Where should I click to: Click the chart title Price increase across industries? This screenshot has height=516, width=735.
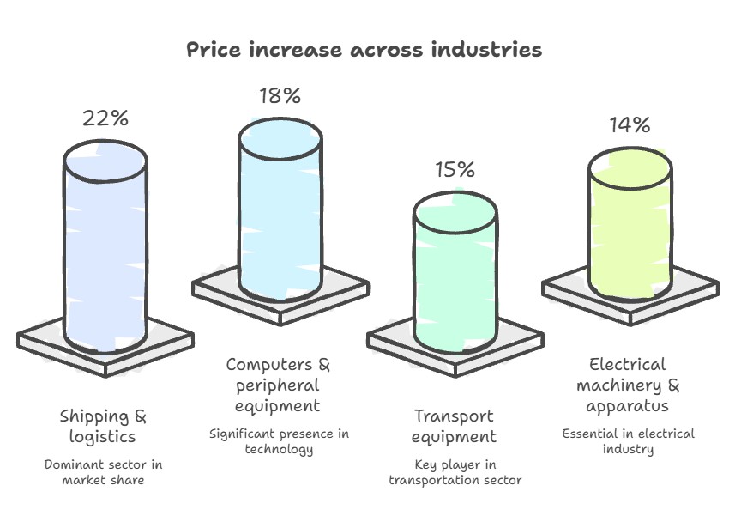pos(364,49)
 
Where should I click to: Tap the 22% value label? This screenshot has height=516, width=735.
pos(105,118)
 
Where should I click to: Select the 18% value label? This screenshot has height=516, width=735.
pos(280,95)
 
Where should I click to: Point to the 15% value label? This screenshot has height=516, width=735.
pos(455,169)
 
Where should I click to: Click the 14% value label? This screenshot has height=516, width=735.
pos(630,124)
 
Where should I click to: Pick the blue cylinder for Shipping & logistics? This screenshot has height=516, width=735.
pos(105,246)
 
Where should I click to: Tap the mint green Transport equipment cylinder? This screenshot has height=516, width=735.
pos(455,272)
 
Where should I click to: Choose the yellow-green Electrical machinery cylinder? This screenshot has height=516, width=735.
pos(630,224)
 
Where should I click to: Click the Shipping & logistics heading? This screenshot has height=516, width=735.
pos(103,426)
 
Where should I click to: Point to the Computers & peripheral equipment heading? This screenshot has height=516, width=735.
pos(278,385)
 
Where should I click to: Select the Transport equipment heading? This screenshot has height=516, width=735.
pos(454,426)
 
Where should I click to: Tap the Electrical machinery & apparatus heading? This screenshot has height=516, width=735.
pos(628,385)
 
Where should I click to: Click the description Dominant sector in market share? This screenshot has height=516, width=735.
pos(103,472)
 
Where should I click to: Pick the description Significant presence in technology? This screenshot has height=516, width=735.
pos(279,441)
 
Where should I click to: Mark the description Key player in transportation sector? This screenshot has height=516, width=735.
pos(455,472)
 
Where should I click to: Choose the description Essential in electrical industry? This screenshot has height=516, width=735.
pos(628,441)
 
